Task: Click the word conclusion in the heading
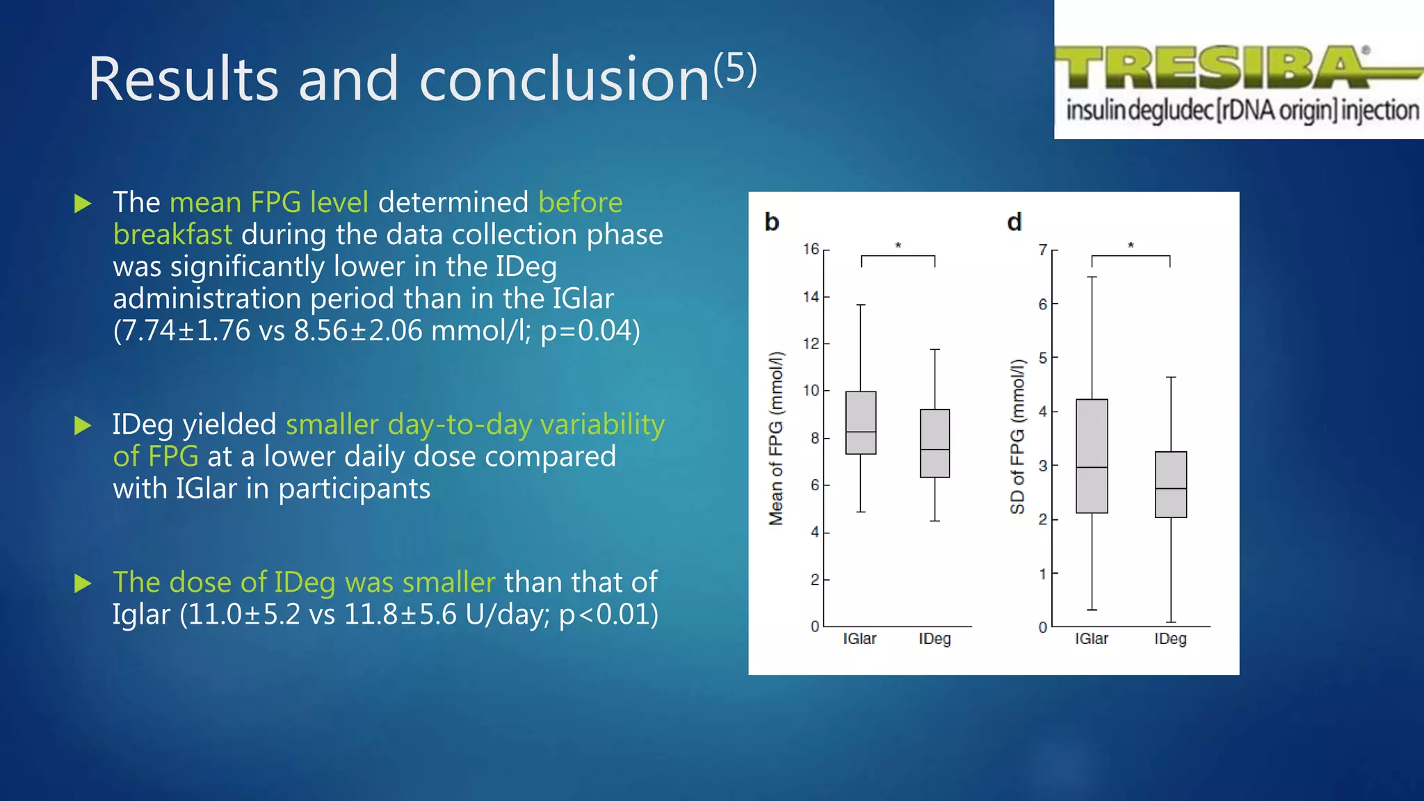(x=564, y=80)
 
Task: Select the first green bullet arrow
(x=83, y=204)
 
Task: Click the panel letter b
(x=772, y=222)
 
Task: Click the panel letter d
(x=1014, y=222)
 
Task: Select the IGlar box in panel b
(x=861, y=423)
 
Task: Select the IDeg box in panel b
(x=934, y=443)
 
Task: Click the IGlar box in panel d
(x=1092, y=456)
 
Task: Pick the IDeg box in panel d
(x=1171, y=485)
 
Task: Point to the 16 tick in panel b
(x=811, y=250)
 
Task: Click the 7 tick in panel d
(x=1043, y=250)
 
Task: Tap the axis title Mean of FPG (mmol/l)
(x=776, y=438)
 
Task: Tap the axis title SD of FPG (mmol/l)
(x=1017, y=437)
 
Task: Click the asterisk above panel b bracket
(x=898, y=245)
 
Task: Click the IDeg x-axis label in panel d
(x=1170, y=639)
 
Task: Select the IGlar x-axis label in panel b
(x=859, y=639)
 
